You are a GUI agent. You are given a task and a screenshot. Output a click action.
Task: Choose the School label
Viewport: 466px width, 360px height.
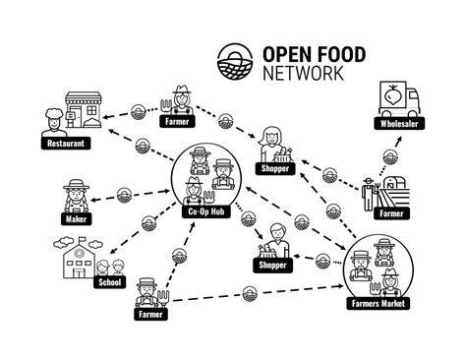click(x=108, y=283)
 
